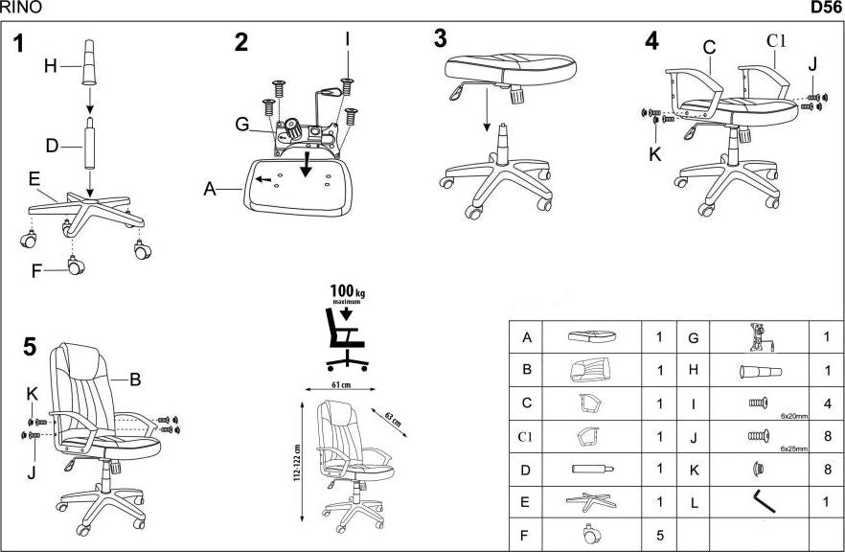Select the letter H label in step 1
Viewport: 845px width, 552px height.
(51, 66)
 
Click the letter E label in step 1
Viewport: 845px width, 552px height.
(34, 179)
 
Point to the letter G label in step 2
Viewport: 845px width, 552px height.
(242, 123)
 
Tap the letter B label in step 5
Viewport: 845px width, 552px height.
(135, 379)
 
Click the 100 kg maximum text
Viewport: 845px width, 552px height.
(346, 293)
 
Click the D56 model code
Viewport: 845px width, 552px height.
(827, 8)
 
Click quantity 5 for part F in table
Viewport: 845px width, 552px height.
(659, 534)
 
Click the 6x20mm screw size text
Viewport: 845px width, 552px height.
(794, 417)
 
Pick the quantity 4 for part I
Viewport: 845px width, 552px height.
(825, 403)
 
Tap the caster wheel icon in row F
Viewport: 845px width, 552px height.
(590, 534)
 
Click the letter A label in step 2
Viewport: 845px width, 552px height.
(209, 189)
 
